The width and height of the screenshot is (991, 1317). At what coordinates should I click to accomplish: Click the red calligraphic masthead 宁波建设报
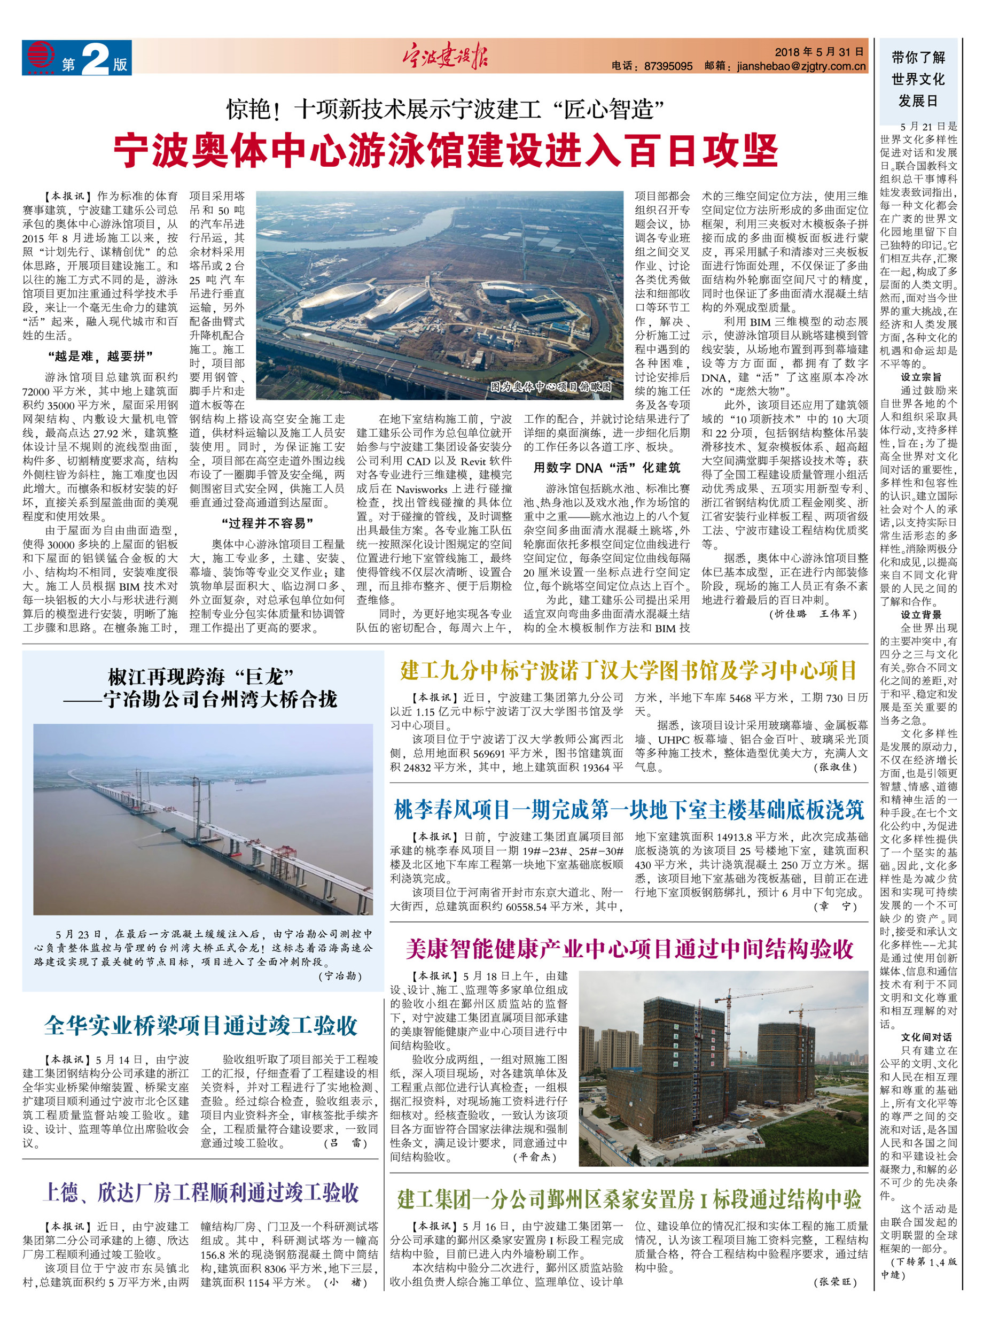coord(444,58)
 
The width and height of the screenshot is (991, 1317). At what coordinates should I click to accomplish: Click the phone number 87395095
coord(668,66)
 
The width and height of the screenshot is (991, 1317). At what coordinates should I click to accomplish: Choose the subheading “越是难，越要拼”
coord(100,356)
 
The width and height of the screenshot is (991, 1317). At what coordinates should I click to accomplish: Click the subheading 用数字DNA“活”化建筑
coord(606,467)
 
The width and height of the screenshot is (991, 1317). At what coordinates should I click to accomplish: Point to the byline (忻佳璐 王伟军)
coord(813,614)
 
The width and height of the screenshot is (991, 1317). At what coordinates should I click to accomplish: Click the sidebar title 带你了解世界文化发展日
coord(918,79)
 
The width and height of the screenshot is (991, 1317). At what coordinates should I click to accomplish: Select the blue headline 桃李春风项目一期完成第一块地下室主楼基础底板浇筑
coord(628,810)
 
